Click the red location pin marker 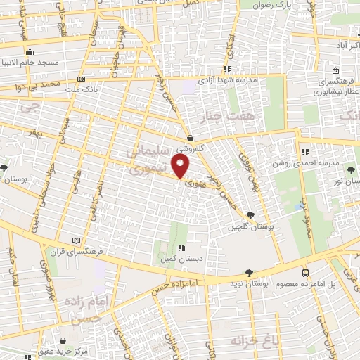[181, 167]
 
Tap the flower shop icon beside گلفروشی [191, 139]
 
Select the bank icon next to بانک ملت [82, 79]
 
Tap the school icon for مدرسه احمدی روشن [304, 153]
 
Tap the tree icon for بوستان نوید [249, 273]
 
